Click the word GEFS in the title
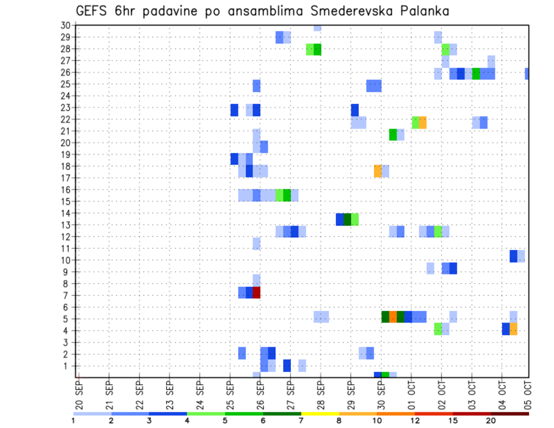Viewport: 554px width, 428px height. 93,11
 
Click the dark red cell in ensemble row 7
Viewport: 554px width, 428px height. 257,292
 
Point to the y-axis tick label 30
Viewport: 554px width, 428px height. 65,25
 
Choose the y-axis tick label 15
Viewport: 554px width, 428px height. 65,201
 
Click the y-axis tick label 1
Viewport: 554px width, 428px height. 68,366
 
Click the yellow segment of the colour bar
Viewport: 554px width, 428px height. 320,414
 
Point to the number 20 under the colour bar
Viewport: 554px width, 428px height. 491,421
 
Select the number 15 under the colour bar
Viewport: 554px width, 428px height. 453,421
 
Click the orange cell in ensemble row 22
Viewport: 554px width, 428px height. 422,122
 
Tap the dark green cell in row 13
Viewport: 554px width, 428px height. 347,219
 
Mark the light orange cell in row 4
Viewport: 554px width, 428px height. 514,329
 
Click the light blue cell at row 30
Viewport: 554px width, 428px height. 317,27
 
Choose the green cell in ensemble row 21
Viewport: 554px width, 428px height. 393,134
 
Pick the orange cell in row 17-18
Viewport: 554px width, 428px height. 378,171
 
